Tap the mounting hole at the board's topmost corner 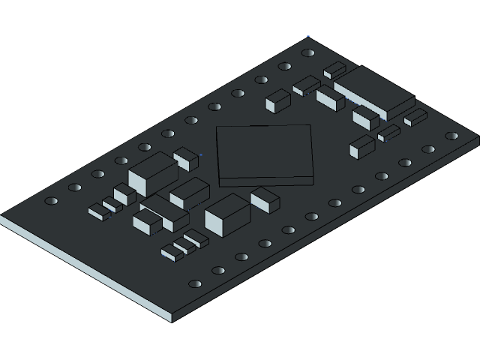point(307,53)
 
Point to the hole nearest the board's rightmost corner point(451,136)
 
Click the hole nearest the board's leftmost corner point(51,201)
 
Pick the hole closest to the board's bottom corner point(195,284)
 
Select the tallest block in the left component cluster point(153,172)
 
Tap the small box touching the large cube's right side point(265,199)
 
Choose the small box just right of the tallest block point(185,157)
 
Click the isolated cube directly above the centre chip point(277,100)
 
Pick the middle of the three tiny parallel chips point(184,245)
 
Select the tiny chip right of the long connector point(415,117)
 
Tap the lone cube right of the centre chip point(361,146)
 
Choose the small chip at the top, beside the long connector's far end point(334,70)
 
